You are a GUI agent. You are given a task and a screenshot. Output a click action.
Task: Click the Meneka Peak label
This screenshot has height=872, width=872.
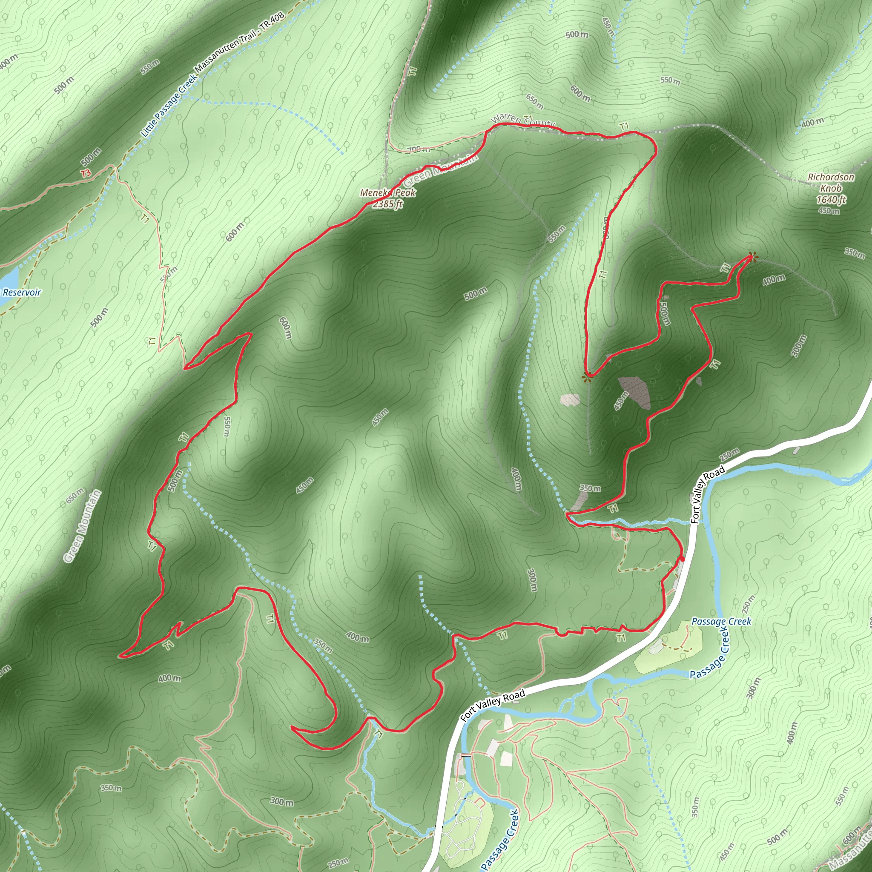388,193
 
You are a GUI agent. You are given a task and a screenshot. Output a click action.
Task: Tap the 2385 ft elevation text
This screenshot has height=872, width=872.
388,204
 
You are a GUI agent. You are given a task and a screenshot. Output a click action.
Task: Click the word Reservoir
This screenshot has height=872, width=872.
22,292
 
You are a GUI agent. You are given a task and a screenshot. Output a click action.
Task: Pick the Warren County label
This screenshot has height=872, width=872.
523,120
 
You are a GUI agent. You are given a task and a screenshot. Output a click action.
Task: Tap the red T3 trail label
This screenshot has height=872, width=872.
86,173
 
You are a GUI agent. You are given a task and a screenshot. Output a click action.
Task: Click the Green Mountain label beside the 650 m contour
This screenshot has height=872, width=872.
82,526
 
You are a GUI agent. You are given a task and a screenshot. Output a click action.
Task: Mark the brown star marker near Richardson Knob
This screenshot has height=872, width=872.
752,257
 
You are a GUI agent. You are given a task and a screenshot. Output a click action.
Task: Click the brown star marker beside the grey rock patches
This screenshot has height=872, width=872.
586,379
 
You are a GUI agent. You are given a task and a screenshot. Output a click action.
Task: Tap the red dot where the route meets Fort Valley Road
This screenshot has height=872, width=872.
683,559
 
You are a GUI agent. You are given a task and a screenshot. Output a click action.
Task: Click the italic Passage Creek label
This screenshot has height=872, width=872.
721,622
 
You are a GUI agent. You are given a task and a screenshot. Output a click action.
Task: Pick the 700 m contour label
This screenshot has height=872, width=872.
419,149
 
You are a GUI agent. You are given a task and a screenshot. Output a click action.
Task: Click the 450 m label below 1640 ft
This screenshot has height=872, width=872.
829,211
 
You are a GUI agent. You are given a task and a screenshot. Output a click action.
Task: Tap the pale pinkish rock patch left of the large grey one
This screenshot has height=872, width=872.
570,400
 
